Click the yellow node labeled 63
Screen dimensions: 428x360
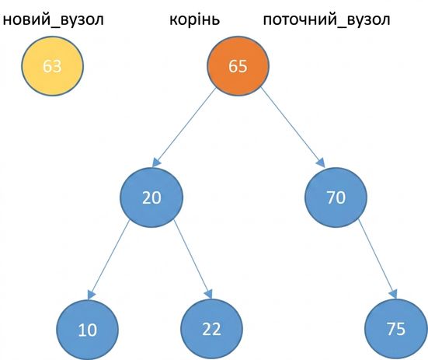point(52,66)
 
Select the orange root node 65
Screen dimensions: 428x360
point(238,66)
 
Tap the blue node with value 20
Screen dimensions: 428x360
point(151,197)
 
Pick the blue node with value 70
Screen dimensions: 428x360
point(336,197)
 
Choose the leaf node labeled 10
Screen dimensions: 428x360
point(88,330)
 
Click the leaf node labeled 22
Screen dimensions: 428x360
point(212,330)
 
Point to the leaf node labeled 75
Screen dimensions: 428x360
point(396,330)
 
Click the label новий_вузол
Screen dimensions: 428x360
point(54,19)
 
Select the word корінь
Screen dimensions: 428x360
point(195,19)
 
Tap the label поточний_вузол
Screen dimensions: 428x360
point(326,19)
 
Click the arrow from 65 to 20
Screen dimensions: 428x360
point(185,128)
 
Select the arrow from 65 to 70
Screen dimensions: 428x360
point(292,128)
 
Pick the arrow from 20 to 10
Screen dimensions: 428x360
point(108,260)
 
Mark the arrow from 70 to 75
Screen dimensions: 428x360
point(378,259)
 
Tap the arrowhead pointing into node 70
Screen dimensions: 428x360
point(322,163)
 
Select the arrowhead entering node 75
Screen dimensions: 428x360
point(393,295)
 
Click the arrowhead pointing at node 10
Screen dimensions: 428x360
point(91,295)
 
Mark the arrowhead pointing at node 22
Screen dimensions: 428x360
point(208,295)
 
